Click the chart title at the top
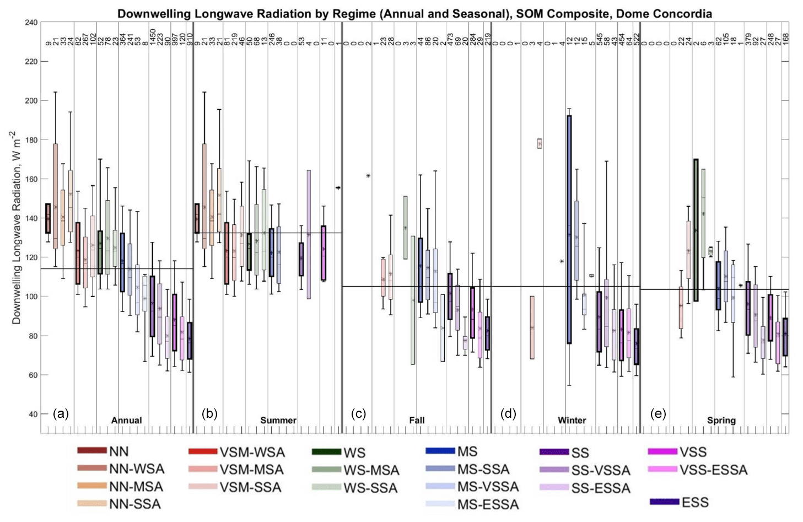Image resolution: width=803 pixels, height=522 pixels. pos(414,14)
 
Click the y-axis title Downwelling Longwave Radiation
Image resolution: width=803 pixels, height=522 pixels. pos(16,227)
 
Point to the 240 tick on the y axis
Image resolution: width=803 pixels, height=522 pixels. pos(31,23)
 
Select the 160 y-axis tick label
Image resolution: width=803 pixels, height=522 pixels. pos(31,179)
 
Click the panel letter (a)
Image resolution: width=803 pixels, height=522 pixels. pos(61,414)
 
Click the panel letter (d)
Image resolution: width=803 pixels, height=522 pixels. pos(508,414)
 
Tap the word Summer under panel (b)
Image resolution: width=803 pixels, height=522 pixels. pos(278,420)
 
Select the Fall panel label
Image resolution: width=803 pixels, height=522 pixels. pos(417,420)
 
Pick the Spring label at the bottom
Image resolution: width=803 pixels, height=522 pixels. pos(721,420)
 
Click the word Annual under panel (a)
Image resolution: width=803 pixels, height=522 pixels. pos(126,420)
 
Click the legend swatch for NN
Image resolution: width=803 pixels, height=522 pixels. pos(91,451)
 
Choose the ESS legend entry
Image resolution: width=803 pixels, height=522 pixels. pos(695,502)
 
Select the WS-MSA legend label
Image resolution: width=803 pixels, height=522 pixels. pos(371,470)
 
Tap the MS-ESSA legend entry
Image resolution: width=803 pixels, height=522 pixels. pos(488,504)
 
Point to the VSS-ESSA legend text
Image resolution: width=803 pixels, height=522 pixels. pos(713,470)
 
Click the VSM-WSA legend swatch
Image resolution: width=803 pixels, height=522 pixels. pos(203,452)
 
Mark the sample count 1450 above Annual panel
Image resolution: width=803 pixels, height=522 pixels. pos(153,37)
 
